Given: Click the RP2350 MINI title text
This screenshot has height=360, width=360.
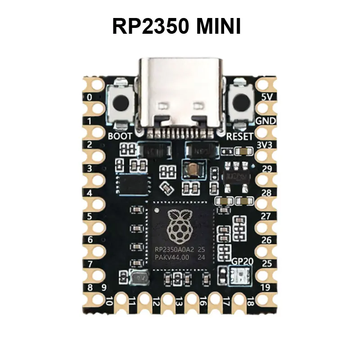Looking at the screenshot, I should (x=176, y=26).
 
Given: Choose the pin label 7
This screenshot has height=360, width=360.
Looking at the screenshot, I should (x=90, y=263).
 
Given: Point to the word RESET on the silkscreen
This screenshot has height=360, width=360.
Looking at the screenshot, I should (x=239, y=136).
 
